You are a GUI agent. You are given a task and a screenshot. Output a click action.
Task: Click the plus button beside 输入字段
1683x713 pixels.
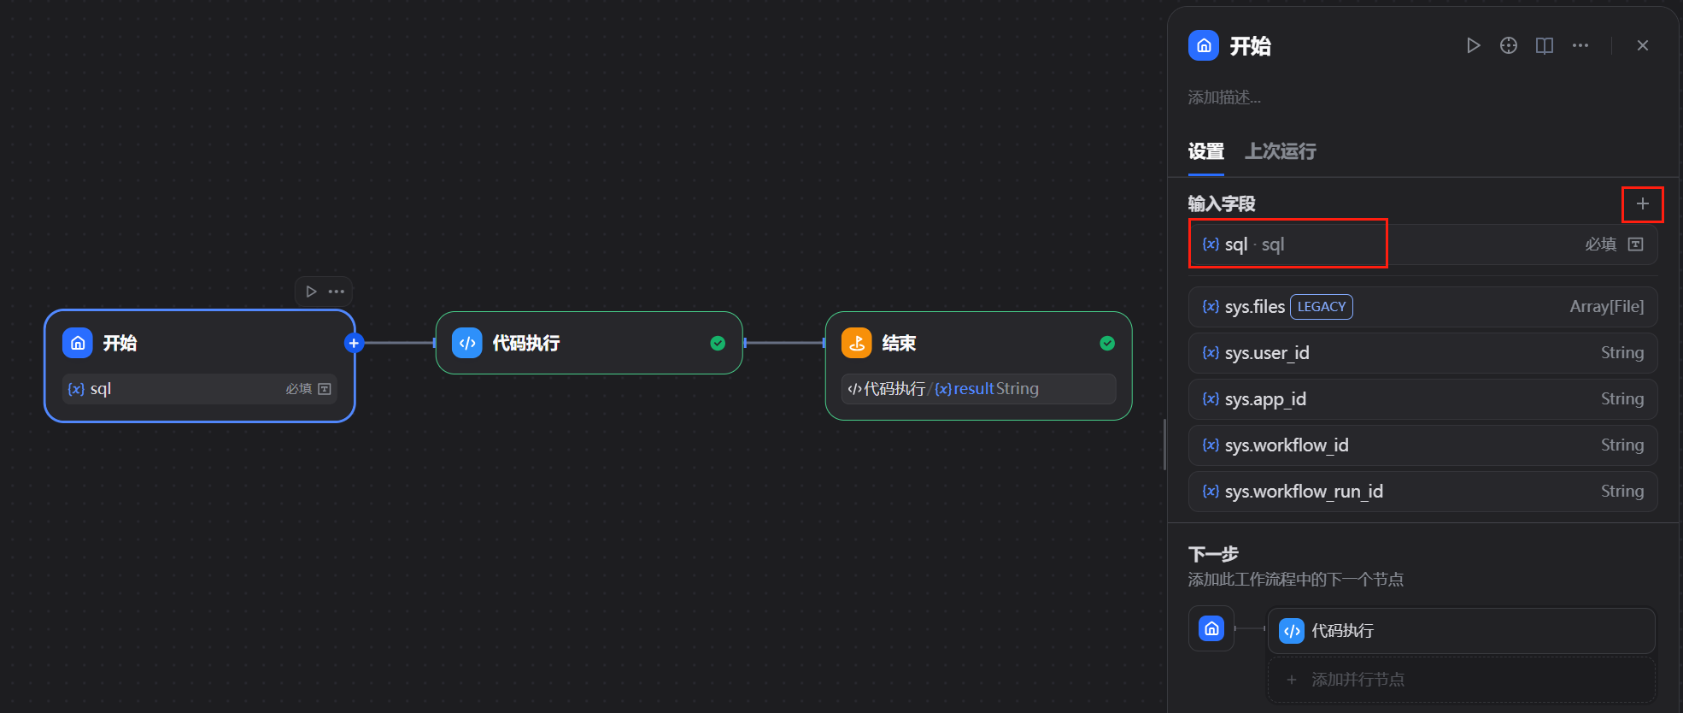coord(1642,203)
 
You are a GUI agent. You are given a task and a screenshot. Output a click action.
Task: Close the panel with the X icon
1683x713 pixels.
coord(1642,45)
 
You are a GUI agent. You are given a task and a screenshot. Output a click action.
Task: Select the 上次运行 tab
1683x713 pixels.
coord(1280,151)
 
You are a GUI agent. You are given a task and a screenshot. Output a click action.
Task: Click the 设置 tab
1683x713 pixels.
coord(1205,151)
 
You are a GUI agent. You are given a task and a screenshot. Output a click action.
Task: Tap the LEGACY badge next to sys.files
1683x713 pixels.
coord(1321,307)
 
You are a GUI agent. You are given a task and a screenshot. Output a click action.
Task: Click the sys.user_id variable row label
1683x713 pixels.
coord(1266,353)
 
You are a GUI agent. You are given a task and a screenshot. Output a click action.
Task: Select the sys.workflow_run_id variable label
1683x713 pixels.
coord(1303,492)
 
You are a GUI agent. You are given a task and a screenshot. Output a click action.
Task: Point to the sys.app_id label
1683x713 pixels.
coord(1264,399)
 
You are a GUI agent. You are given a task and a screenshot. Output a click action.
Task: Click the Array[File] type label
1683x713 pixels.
coord(1606,307)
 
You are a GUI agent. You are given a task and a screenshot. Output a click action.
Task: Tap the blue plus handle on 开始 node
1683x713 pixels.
coord(354,343)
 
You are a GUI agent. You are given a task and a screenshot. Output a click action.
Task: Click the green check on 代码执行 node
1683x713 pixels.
coord(718,343)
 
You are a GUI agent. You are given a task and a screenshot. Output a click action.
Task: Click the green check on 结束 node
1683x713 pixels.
coord(1107,343)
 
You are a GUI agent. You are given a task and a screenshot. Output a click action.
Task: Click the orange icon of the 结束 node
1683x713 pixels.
coord(857,343)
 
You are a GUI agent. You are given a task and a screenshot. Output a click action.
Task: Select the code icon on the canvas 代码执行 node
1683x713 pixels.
coord(467,343)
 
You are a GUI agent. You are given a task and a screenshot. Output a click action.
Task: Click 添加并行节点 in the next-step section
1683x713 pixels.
coord(1358,680)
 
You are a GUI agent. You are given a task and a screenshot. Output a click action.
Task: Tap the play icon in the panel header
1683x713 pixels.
coord(1473,45)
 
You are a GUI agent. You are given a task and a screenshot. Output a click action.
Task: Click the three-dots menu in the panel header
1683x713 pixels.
coord(1580,45)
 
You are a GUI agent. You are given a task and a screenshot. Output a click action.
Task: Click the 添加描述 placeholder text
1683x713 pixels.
coord(1224,97)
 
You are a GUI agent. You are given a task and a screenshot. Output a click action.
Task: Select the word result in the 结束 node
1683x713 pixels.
coord(973,389)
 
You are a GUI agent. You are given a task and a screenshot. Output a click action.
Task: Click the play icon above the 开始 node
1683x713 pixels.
coord(311,292)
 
